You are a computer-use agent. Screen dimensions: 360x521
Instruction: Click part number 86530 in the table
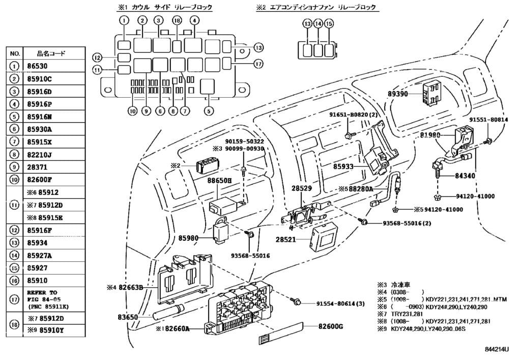point(42,66)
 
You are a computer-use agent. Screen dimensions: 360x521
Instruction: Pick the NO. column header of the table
point(15,53)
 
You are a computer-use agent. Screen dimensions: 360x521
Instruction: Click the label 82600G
point(331,326)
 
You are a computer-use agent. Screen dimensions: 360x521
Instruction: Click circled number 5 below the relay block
point(207,110)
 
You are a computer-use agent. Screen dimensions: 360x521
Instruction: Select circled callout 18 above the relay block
point(177,20)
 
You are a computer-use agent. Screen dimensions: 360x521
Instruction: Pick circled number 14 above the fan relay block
point(318,24)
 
